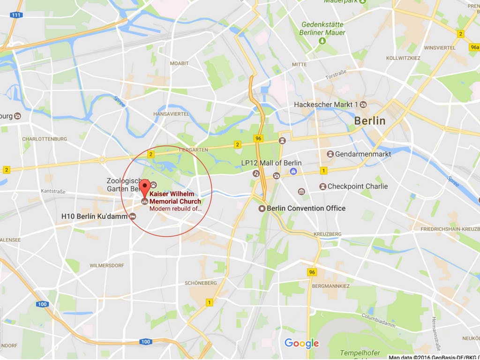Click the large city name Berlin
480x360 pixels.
369,121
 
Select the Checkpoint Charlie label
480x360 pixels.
357,187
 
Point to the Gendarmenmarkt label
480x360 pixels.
363,154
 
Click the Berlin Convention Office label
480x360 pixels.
306,209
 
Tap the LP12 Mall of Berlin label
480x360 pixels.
271,163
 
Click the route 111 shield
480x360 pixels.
16,15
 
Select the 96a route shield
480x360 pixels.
474,47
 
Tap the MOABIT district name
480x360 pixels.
180,63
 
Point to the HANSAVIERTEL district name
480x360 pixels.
171,114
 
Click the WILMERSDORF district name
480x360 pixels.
107,266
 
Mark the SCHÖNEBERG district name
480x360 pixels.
201,283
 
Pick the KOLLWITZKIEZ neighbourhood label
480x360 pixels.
403,58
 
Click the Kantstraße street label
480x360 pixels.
53,192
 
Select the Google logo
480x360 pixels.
301,344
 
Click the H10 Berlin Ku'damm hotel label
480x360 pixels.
95,217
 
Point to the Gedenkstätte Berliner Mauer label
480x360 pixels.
323,29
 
